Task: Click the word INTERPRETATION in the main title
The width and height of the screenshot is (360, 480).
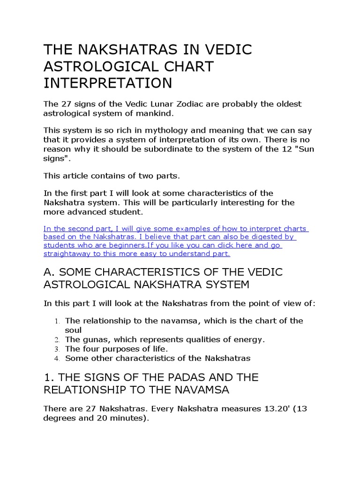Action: (108, 83)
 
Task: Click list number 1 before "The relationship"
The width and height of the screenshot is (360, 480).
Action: (56, 321)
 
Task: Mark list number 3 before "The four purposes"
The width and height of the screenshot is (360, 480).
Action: (56, 349)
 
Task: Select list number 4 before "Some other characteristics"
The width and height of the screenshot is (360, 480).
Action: (56, 359)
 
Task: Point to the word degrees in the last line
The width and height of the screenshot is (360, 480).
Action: (59, 418)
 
